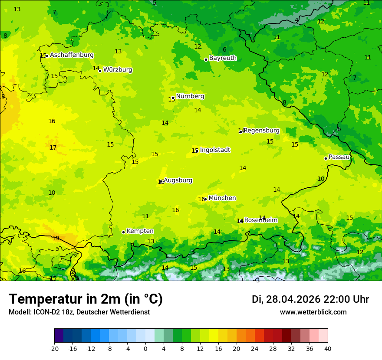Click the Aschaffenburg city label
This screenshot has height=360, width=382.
[72, 55]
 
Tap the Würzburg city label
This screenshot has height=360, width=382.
[118, 70]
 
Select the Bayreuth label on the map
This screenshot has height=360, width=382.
[223, 58]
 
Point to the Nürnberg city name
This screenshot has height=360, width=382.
[190, 96]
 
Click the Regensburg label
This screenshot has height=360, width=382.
[261, 131]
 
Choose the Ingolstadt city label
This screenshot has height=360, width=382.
[215, 150]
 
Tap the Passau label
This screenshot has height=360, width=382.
[339, 157]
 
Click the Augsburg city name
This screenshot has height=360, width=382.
[178, 180]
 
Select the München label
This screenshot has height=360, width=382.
[222, 198]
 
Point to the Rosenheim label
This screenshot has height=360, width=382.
[260, 220]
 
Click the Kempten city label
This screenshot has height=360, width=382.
[140, 231]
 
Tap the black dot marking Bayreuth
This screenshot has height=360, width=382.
[206, 59]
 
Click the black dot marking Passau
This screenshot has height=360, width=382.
[326, 158]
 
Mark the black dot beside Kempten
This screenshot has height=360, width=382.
[123, 232]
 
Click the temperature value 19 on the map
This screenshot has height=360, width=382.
[56, 239]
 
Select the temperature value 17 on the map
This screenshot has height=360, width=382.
[53, 148]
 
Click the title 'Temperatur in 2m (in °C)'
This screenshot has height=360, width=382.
[86, 299]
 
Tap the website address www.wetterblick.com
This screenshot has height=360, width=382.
[313, 312]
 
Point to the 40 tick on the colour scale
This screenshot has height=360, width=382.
[327, 348]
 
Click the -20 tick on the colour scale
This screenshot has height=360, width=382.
[54, 348]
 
